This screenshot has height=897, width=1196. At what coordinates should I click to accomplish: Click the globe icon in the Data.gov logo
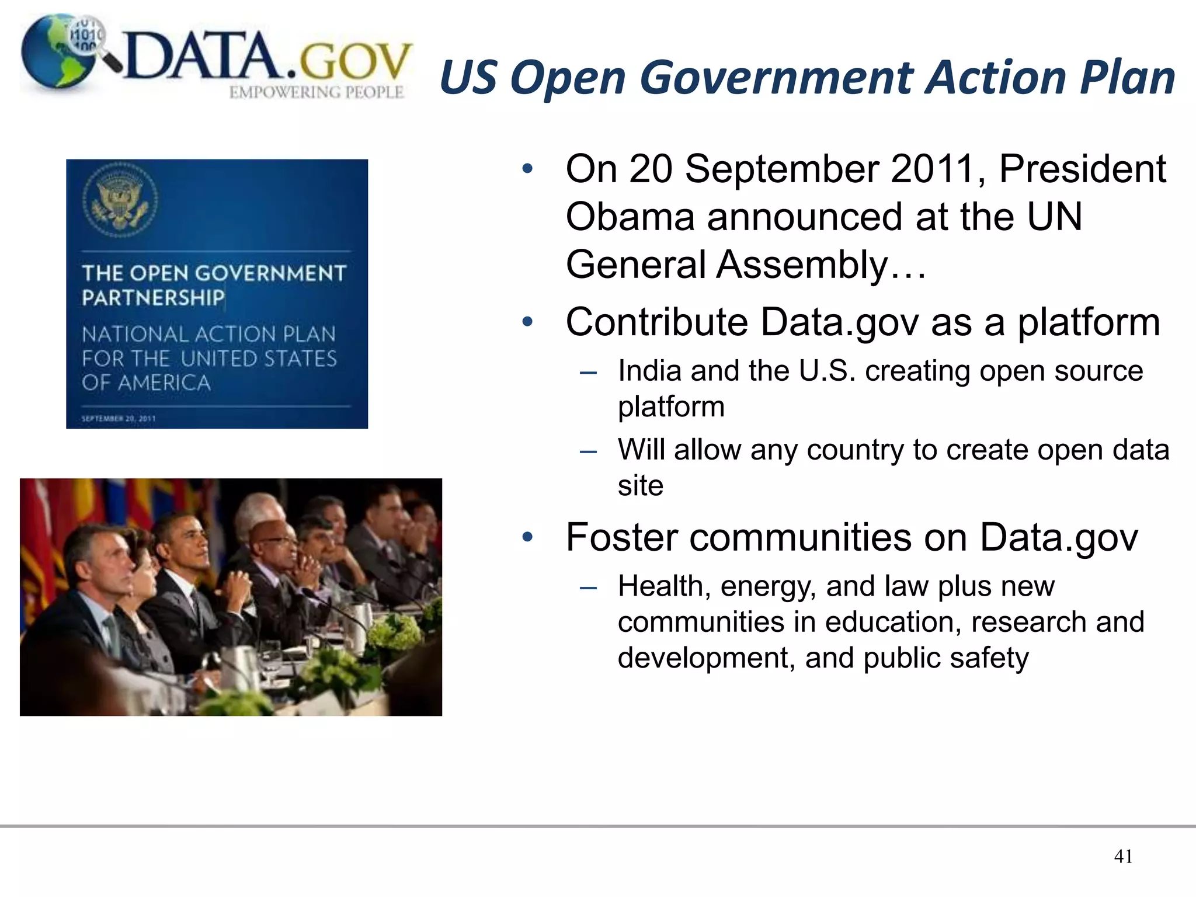pos(55,55)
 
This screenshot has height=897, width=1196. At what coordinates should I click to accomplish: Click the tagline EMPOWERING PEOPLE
pos(316,92)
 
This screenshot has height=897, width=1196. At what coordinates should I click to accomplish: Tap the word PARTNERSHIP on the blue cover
pos(153,298)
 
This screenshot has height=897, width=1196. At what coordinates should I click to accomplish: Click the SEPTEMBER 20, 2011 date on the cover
pos(119,418)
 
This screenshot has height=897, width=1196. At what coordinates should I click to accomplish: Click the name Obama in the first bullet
pos(631,217)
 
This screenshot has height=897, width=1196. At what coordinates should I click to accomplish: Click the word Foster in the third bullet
pos(621,537)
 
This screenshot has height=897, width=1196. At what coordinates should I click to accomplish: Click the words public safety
pos(945,658)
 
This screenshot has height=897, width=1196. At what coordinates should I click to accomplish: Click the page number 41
pos(1123,856)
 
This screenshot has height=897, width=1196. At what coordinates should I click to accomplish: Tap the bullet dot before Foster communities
pos(528,537)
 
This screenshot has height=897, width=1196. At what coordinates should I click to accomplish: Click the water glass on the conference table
pos(273,660)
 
